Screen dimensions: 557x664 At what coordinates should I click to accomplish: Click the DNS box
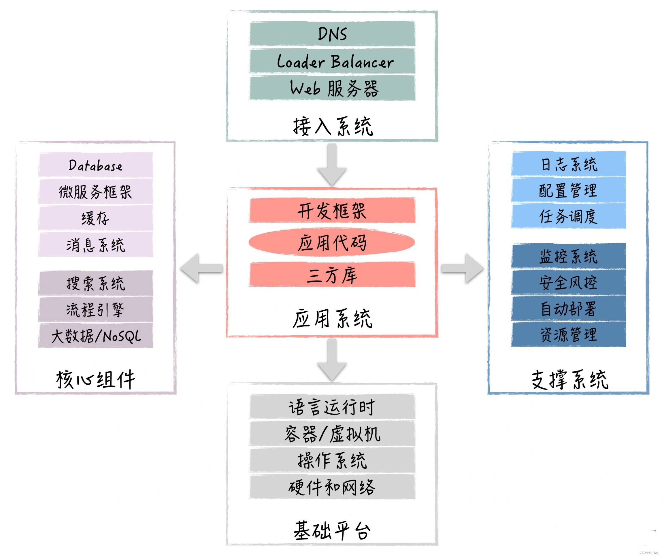point(332,33)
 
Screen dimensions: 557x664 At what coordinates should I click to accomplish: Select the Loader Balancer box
point(332,61)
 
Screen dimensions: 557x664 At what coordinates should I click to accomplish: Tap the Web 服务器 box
point(332,88)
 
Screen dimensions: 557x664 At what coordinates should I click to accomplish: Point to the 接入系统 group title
point(333,127)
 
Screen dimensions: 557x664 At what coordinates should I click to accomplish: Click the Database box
point(96,165)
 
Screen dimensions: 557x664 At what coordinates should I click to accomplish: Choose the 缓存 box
point(96,218)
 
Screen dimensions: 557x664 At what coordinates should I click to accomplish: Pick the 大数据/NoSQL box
point(96,336)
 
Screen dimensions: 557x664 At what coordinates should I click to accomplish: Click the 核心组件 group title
point(96,380)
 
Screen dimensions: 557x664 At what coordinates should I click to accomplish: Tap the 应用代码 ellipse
point(332,242)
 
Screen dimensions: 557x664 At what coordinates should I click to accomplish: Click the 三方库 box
point(332,274)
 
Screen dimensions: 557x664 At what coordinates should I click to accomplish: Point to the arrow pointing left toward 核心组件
point(201,268)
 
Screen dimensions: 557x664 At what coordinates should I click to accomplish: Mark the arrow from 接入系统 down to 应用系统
point(332,164)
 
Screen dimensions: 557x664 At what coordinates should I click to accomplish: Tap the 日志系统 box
point(569,164)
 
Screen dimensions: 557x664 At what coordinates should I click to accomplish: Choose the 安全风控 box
point(569,283)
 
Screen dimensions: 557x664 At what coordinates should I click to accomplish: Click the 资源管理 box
point(569,335)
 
